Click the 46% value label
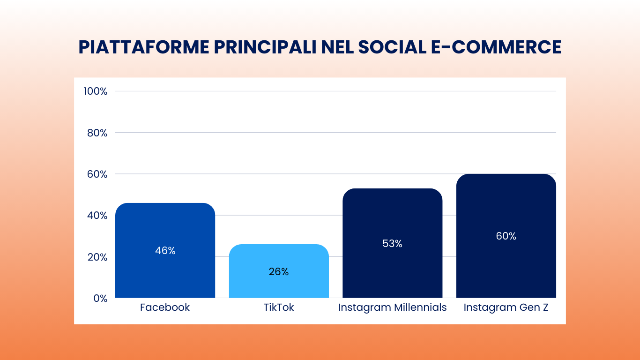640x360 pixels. pyautogui.click(x=165, y=251)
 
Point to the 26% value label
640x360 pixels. pyautogui.click(x=279, y=272)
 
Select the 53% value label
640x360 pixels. pyautogui.click(x=392, y=244)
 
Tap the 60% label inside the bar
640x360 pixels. pyautogui.click(x=506, y=236)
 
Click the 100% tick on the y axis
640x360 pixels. pyautogui.click(x=96, y=91)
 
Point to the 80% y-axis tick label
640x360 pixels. pyautogui.click(x=97, y=133)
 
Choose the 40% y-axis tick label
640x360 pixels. pyautogui.click(x=97, y=216)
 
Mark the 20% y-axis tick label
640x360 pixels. pyautogui.click(x=97, y=257)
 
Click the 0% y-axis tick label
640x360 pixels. pyautogui.click(x=100, y=298)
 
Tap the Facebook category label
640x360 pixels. pyautogui.click(x=165, y=307)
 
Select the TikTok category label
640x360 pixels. pyautogui.click(x=279, y=307)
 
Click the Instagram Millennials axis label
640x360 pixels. pyautogui.click(x=392, y=307)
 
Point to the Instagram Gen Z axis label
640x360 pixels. pyautogui.click(x=506, y=307)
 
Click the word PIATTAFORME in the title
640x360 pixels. pyautogui.click(x=143, y=47)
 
